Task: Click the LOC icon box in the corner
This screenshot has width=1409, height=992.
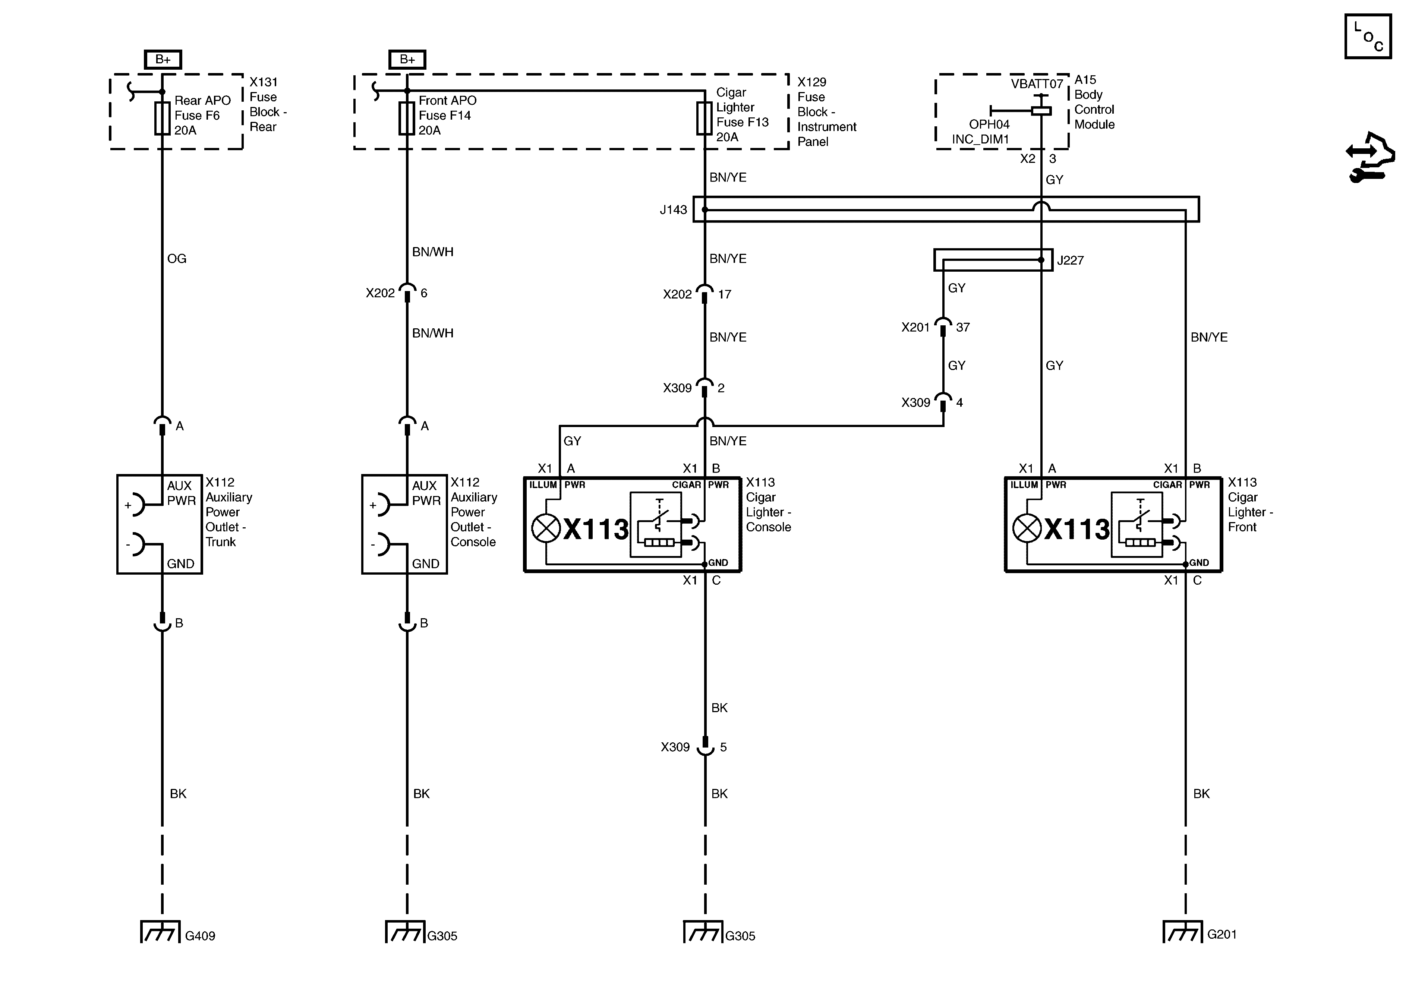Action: pos(1368,37)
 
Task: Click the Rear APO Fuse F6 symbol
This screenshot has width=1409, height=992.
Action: pos(162,119)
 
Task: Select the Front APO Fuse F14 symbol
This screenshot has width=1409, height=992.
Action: pos(407,119)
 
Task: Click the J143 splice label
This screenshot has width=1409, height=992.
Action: pos(673,210)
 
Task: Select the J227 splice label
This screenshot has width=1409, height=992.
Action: pos(1070,260)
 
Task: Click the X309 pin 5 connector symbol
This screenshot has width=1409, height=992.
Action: pos(705,746)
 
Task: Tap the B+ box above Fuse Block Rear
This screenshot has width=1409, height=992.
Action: pos(163,60)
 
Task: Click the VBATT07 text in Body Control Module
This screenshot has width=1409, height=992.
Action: pos(1037,84)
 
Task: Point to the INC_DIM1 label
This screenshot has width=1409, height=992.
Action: pos(980,139)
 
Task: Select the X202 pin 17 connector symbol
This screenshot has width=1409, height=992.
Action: pos(704,293)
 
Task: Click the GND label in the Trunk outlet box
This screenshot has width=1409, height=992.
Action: pos(180,563)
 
